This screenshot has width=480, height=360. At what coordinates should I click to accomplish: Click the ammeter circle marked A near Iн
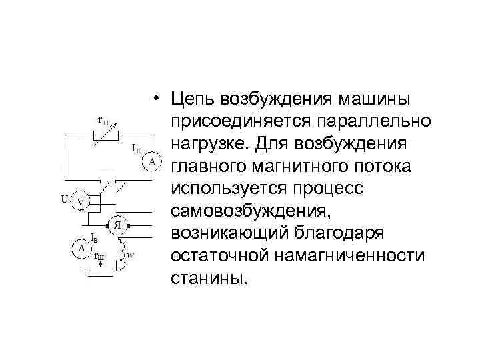(153, 161)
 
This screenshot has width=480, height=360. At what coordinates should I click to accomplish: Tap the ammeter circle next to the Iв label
(81, 248)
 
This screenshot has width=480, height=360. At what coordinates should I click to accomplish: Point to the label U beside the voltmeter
(64, 198)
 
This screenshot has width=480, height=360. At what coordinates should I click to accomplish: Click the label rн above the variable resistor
(103, 121)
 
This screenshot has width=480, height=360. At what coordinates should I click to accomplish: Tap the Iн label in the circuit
(135, 147)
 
